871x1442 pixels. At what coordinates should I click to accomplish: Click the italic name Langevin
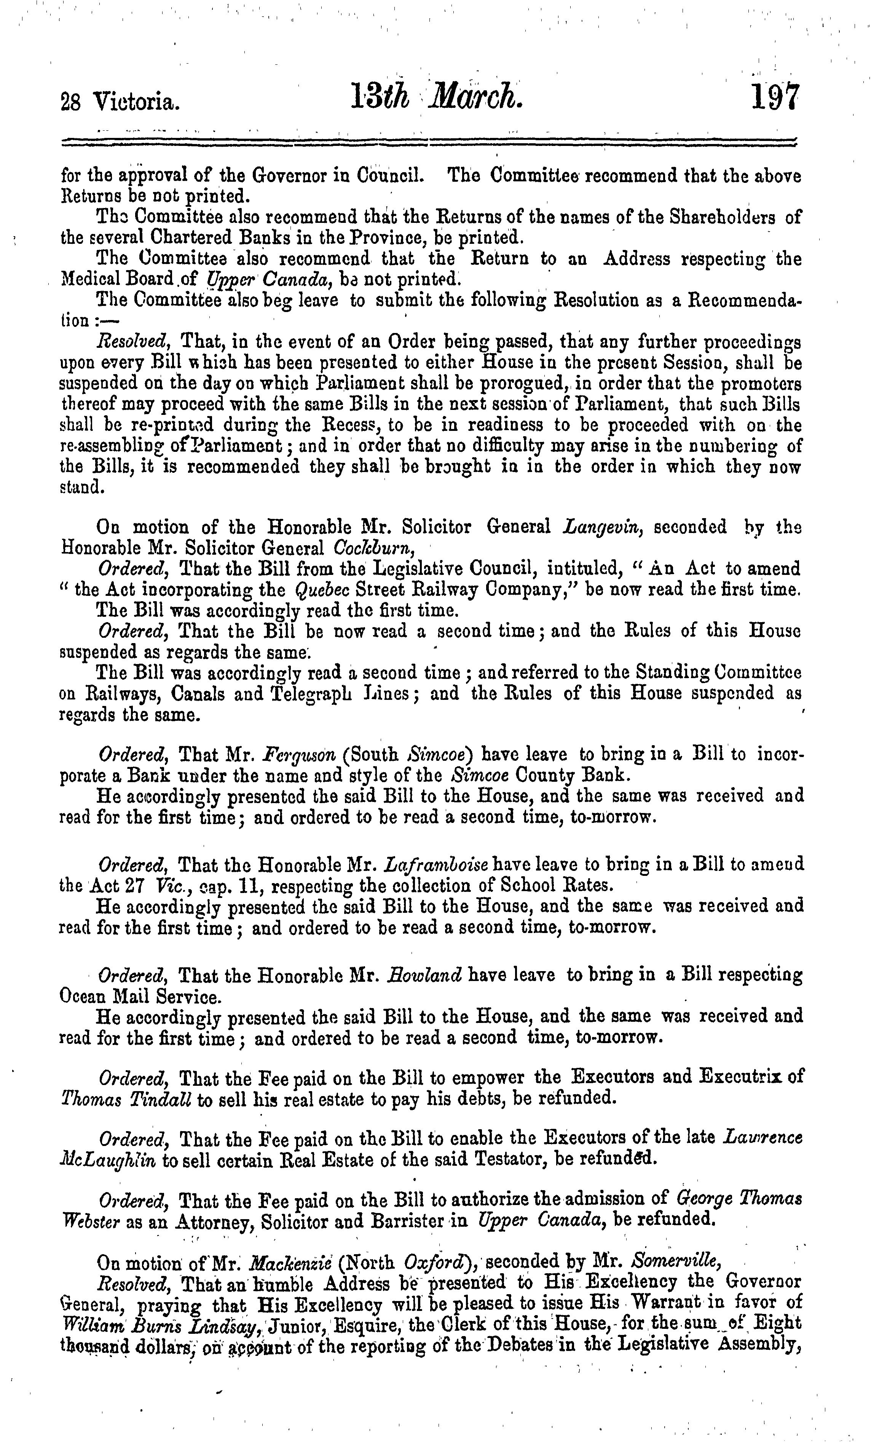click(x=603, y=527)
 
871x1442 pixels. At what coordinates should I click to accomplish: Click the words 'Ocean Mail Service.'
click(x=140, y=995)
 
